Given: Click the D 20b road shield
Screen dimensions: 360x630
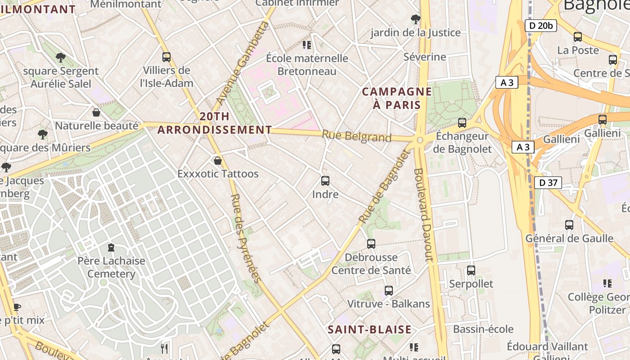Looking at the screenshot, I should (540, 26).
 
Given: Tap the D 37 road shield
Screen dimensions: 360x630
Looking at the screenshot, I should (548, 183).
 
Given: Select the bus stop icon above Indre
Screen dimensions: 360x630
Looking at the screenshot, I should (325, 181).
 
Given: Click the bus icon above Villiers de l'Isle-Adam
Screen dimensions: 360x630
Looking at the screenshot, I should (166, 57).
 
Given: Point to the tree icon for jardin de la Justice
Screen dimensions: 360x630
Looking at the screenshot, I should (416, 19).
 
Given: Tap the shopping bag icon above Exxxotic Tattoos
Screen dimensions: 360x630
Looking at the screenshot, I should (218, 160).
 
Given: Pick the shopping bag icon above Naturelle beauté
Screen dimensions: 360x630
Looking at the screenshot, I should (96, 112).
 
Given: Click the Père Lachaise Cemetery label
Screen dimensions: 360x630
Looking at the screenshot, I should (111, 267).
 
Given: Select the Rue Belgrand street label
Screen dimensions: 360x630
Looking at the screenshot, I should (356, 136).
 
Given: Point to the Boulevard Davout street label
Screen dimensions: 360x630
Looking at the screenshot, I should (423, 215).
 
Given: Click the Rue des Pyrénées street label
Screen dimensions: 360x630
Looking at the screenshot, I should (246, 238).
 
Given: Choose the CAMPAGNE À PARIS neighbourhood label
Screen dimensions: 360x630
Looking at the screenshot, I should (397, 99).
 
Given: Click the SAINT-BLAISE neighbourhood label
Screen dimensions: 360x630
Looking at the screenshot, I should (369, 329).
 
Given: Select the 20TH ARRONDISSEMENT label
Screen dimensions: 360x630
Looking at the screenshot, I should (215, 123).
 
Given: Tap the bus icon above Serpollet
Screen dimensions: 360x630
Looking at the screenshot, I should (471, 270).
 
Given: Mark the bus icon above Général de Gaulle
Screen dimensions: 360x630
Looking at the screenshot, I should (569, 225).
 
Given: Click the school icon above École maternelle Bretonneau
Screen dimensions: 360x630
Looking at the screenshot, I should (307, 45).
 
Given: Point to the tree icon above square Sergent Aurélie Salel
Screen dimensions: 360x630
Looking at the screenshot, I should (61, 58).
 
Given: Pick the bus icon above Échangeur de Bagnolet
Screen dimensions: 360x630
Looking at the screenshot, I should (462, 122).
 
